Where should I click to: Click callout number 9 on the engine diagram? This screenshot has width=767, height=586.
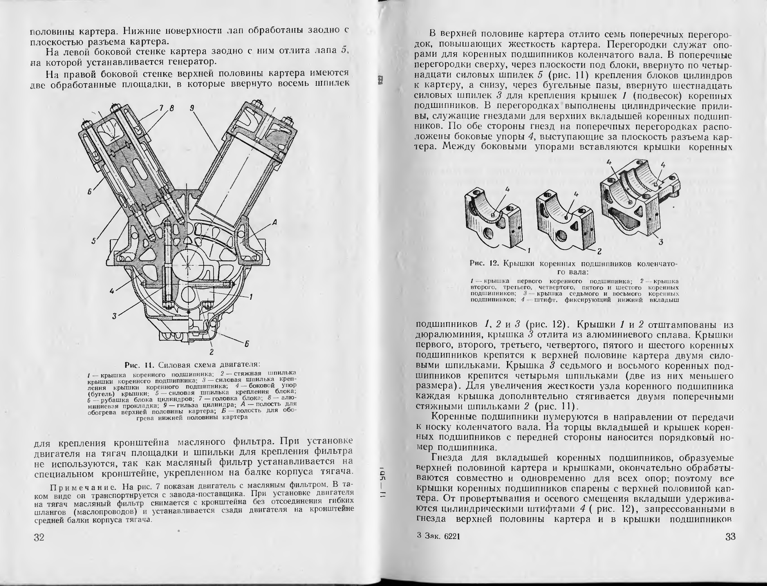tap(192, 109)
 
